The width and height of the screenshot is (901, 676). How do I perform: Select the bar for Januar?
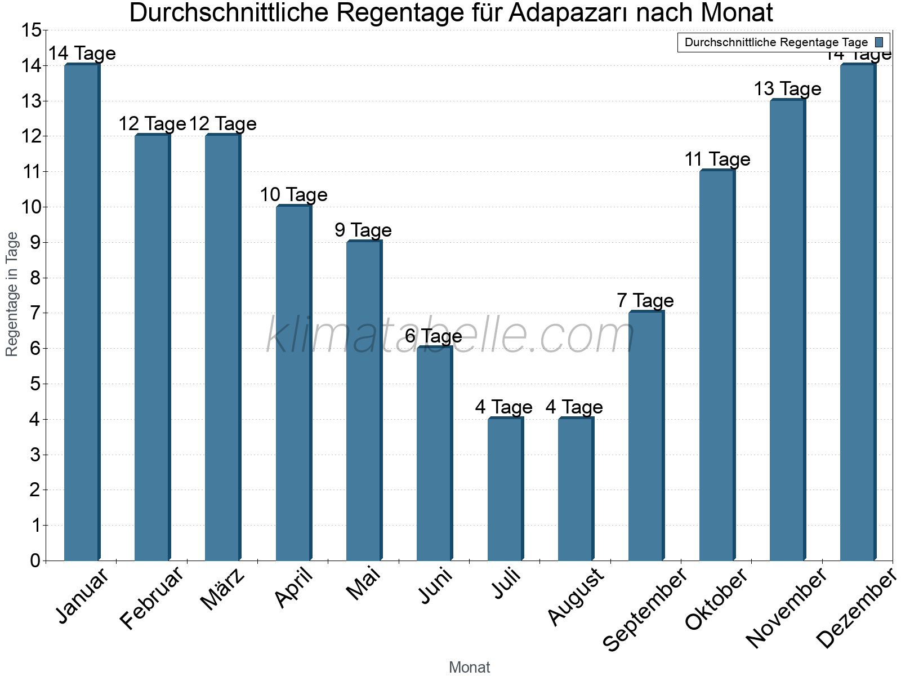tap(82, 313)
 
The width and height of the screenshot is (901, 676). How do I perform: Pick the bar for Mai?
tap(364, 401)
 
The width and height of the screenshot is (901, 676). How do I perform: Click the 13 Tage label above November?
tap(787, 89)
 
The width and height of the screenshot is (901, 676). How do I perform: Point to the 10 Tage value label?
tap(293, 195)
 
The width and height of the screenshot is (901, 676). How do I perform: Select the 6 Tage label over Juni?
tap(434, 336)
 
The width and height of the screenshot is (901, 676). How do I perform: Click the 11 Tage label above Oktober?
tap(717, 159)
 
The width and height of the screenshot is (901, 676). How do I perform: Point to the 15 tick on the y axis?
tap(31, 30)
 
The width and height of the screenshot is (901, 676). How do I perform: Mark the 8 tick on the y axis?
tap(35, 278)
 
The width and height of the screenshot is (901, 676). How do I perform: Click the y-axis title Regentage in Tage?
tap(12, 294)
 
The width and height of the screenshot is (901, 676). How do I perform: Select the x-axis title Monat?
tap(469, 668)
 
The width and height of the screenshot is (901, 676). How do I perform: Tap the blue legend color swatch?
tap(879, 42)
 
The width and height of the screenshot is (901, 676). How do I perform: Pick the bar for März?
tap(222, 348)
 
